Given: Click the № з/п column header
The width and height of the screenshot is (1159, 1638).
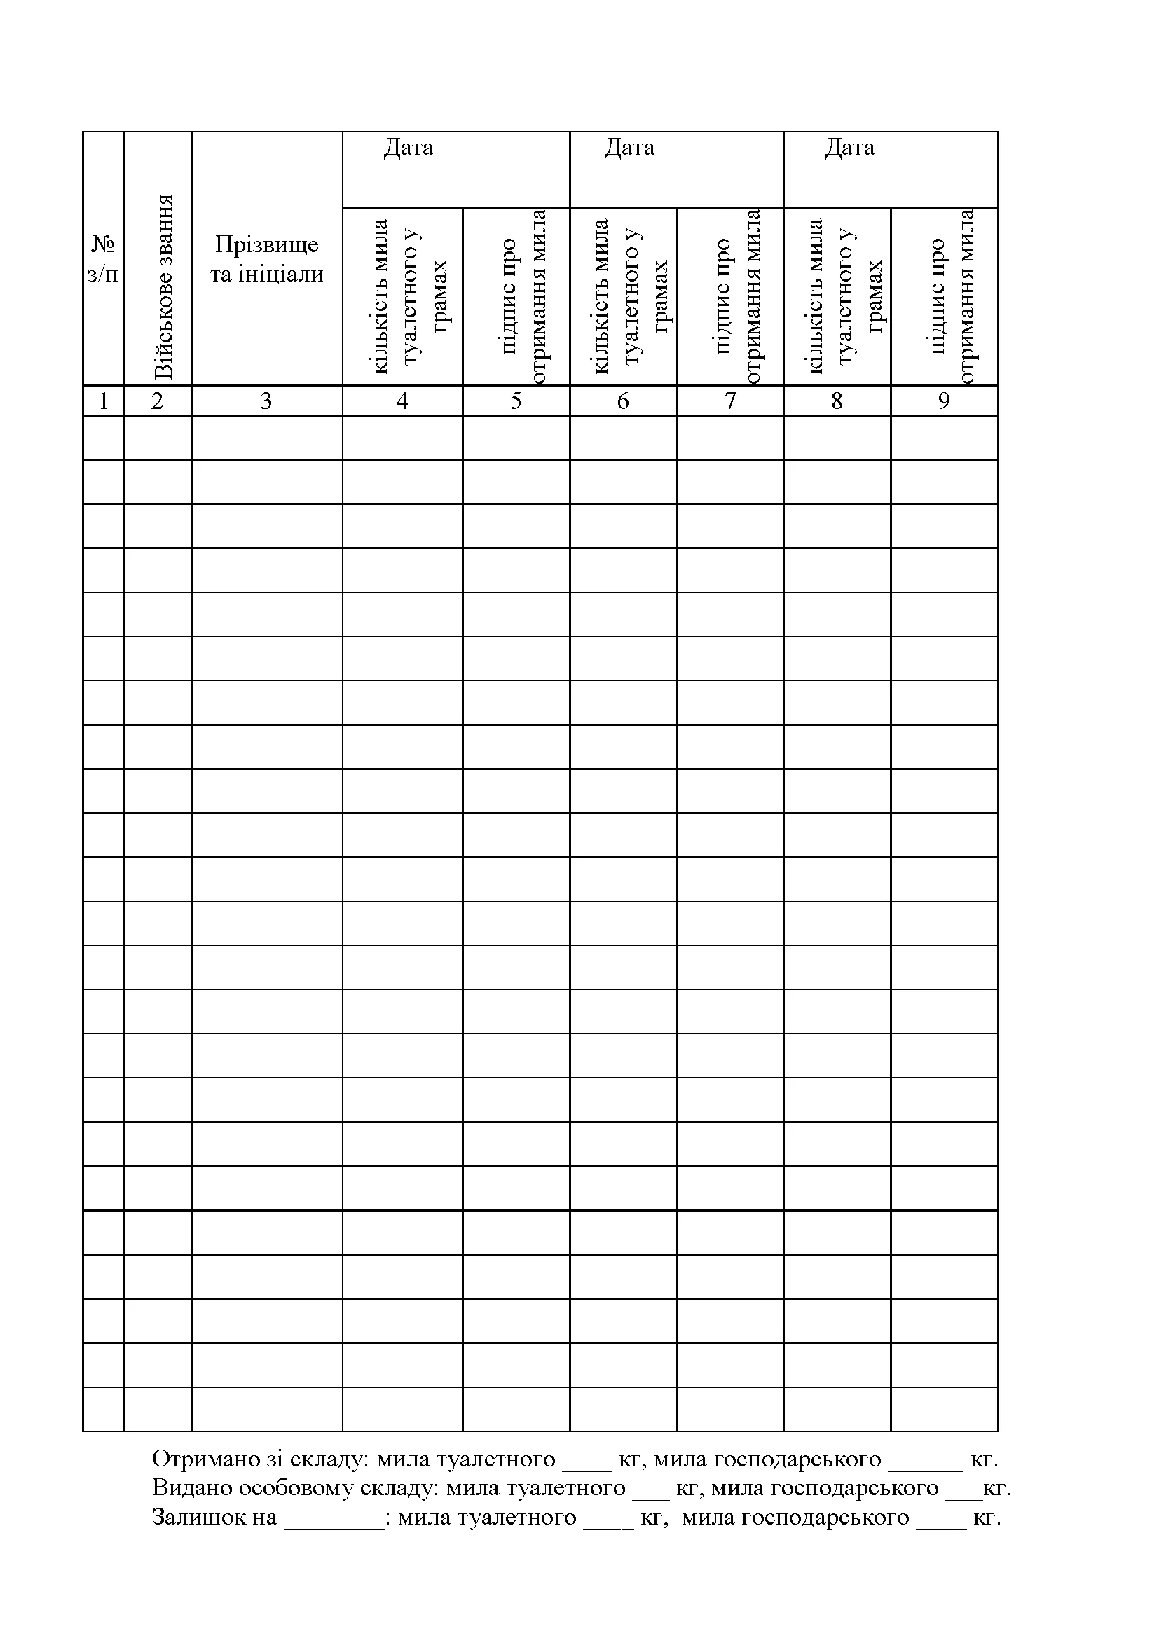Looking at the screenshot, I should [x=104, y=258].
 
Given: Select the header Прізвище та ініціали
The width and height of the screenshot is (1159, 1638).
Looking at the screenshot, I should [x=267, y=258].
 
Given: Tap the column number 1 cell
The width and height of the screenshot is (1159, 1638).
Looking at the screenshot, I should [x=104, y=401].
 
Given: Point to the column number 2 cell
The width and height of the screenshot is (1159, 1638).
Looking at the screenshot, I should [x=158, y=401].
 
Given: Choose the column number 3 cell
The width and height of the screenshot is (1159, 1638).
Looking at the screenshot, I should [x=266, y=401].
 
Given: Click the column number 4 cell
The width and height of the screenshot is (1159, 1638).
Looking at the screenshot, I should [x=402, y=401].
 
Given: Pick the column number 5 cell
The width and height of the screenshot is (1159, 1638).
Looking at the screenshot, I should [x=516, y=401].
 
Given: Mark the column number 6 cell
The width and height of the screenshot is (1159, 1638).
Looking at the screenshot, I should [x=623, y=401].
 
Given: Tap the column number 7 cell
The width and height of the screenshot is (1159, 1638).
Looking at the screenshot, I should [x=730, y=401].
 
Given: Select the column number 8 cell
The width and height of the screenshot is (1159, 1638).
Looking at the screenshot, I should [x=837, y=401].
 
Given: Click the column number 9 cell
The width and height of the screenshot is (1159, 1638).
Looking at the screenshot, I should [x=944, y=401].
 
